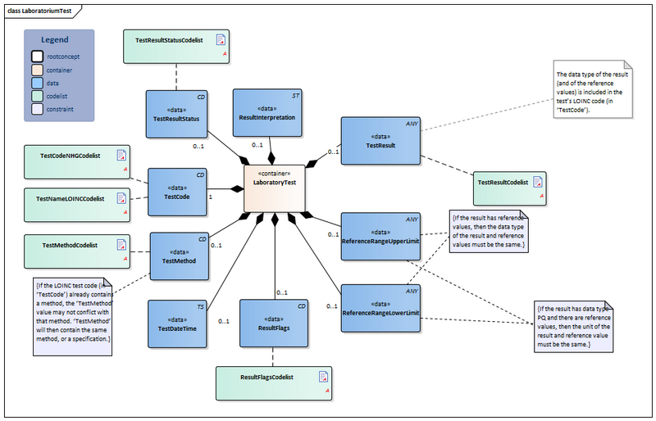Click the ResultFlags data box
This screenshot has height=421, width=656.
(x=273, y=324)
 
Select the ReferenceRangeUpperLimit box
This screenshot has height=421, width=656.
(x=380, y=237)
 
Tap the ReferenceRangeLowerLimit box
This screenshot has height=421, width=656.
(x=380, y=309)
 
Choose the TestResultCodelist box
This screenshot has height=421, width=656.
(x=509, y=188)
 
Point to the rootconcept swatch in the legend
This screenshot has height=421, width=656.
(x=38, y=57)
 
